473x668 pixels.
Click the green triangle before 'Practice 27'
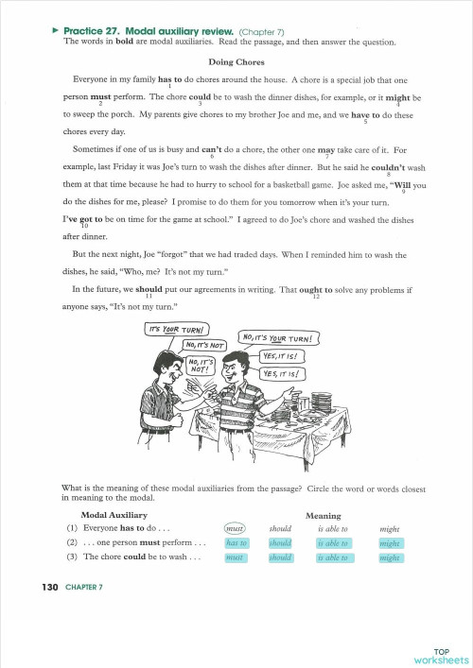pyautogui.click(x=56, y=30)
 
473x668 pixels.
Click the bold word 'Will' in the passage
pyautogui.click(x=403, y=184)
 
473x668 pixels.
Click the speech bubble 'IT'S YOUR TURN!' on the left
pyautogui.click(x=177, y=329)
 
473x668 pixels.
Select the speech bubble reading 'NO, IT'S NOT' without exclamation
pyautogui.click(x=203, y=345)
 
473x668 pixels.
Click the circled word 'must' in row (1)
pyautogui.click(x=236, y=529)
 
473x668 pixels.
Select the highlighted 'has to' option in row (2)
pyautogui.click(x=236, y=543)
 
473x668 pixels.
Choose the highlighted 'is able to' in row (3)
pyautogui.click(x=332, y=557)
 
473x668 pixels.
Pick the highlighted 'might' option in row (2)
pyautogui.click(x=390, y=543)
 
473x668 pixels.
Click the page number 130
pyautogui.click(x=50, y=588)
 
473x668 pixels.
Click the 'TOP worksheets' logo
pyautogui.click(x=440, y=655)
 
